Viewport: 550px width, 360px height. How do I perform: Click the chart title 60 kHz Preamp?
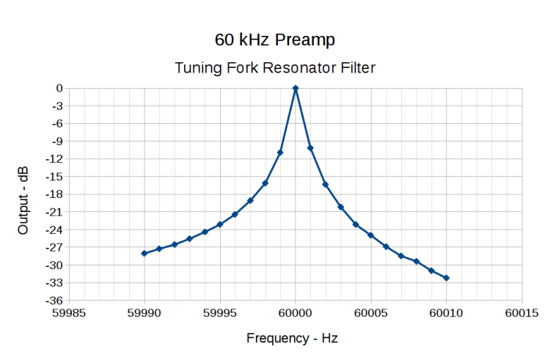point(275,38)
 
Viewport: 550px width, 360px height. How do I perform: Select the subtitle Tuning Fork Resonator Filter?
point(275,68)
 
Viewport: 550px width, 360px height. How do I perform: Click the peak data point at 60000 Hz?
point(296,88)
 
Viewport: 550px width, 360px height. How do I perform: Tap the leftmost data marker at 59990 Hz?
point(144,254)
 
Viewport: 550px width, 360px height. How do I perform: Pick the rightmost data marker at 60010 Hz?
point(447,278)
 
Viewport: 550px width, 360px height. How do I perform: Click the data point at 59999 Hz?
point(280,153)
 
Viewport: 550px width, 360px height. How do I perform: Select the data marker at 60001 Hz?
point(310,148)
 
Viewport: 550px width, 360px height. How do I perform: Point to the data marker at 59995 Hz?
point(220,224)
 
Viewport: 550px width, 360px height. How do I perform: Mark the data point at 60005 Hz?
point(371,235)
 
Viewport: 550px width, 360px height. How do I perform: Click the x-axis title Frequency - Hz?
point(292,338)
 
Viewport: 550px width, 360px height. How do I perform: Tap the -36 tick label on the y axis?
point(54,301)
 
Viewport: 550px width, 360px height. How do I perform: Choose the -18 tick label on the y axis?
point(54,194)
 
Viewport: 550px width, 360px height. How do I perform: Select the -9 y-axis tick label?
point(56,141)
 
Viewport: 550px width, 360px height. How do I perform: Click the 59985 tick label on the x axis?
point(69,313)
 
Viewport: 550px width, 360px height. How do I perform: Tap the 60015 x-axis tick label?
point(522,313)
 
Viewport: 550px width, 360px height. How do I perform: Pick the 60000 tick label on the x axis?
point(296,313)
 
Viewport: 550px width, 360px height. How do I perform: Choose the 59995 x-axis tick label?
point(220,313)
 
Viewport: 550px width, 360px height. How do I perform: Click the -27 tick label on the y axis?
point(54,247)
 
